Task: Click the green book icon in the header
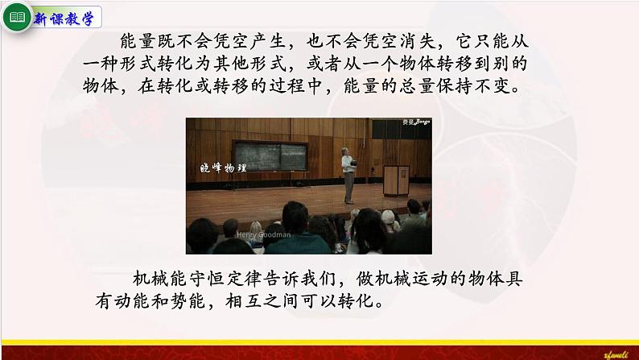point(17,19)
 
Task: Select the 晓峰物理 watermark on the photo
point(224,168)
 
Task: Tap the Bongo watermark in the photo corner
point(417,123)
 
